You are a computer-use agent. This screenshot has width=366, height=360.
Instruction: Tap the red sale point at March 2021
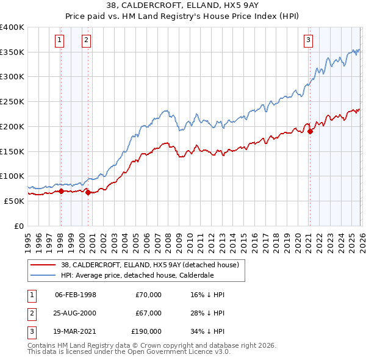pos(310,131)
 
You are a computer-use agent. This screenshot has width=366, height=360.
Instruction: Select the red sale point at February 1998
pos(61,191)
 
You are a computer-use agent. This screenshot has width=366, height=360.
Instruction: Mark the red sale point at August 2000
pos(88,192)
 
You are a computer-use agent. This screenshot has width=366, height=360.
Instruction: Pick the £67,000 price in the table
pos(148,313)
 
